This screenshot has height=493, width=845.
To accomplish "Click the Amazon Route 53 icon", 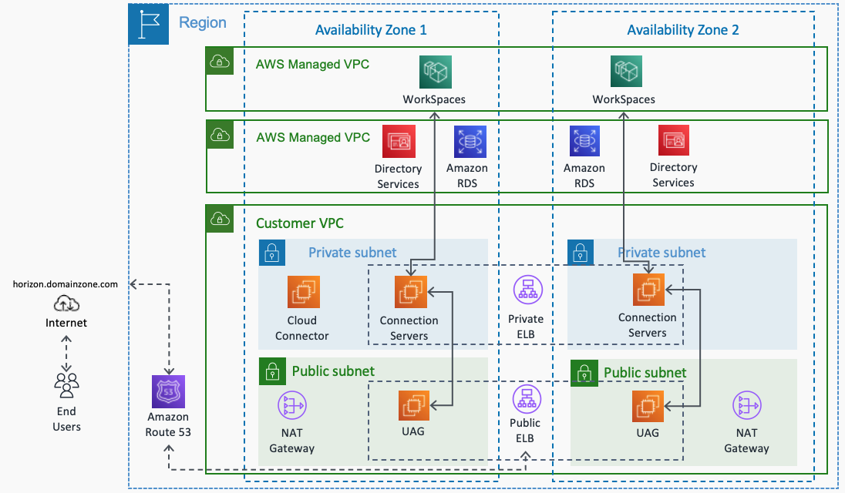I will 169,392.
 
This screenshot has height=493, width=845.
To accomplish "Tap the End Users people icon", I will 66,383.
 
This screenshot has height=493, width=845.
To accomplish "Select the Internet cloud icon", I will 66,305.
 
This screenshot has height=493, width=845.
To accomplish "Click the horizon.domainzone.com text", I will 66,284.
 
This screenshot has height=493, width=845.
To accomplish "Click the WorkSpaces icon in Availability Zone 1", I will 436,72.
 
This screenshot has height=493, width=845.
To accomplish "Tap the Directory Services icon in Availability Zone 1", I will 399,142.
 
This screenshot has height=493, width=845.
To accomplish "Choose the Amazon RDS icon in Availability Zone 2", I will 584,142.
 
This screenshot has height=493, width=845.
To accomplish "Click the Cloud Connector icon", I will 303,292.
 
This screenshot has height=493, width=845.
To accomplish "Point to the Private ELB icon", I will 527,290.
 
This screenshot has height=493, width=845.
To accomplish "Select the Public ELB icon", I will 527,399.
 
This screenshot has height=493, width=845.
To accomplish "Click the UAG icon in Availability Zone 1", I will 414,406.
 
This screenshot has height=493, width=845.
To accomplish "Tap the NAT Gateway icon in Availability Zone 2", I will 746,406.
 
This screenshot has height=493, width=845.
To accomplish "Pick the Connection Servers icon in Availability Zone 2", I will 648,290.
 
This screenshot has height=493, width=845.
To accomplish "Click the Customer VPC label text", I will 299,223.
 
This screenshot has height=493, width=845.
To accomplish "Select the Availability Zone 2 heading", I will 682,30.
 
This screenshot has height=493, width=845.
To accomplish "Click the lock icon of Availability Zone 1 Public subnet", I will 271,371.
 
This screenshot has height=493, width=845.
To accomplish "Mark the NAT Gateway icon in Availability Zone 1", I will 292,406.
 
